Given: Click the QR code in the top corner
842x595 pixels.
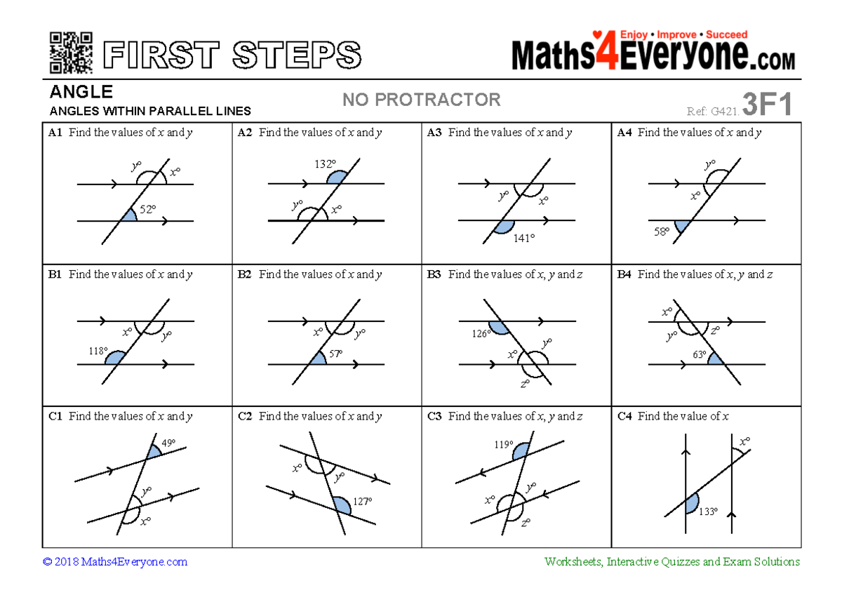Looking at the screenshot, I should [72, 53].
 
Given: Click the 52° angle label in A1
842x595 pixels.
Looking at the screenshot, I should [147, 209].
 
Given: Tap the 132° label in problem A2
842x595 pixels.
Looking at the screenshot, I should [325, 164].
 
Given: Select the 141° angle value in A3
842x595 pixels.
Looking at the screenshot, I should [523, 238].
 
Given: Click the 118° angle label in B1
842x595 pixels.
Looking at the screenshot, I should [98, 351].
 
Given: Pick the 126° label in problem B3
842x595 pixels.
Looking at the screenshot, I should [481, 334].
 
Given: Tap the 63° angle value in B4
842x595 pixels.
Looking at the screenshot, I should [700, 355].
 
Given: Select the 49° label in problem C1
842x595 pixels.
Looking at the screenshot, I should [168, 443].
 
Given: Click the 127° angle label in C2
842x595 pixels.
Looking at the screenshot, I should [362, 502].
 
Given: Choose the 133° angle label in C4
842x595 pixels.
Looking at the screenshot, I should [707, 512].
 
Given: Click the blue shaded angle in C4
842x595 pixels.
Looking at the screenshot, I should [693, 502].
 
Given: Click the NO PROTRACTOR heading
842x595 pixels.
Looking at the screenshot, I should [421, 100].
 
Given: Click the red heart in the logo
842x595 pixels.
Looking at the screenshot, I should [597, 34].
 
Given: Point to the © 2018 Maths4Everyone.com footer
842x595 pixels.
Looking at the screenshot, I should [115, 561].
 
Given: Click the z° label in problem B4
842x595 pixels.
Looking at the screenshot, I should [714, 330].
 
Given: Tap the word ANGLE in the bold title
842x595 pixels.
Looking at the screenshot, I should [81, 92].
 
